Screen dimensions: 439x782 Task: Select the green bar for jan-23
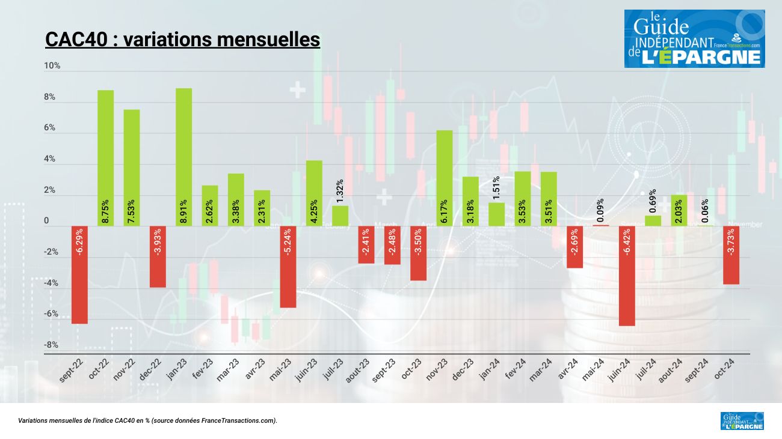(184, 157)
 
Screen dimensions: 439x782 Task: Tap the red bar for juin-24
(627, 276)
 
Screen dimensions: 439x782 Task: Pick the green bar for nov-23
(445, 178)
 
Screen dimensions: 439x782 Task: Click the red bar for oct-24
(731, 255)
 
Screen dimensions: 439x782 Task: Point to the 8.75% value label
(106, 212)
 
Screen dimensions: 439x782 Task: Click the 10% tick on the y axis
(52, 65)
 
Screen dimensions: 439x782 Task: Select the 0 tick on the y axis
(46, 221)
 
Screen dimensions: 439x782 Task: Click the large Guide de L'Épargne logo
(694, 38)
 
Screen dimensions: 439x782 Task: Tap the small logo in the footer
(742, 420)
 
